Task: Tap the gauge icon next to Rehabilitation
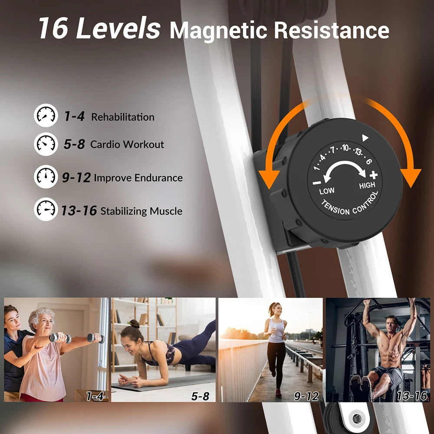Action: (x=46, y=115)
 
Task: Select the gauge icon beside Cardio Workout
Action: (x=46, y=144)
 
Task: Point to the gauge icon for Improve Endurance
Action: (x=46, y=177)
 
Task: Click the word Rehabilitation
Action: (x=123, y=117)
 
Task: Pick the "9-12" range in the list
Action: (x=76, y=178)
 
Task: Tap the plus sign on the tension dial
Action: (x=374, y=175)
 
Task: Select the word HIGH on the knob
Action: (x=367, y=186)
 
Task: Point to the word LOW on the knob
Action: (x=327, y=191)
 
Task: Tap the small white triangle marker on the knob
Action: (x=365, y=138)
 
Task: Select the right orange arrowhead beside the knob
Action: (x=410, y=177)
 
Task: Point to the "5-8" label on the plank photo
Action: (x=200, y=396)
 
